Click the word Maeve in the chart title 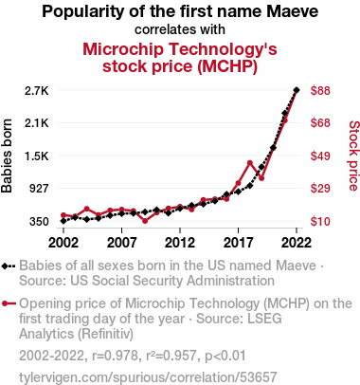click(x=292, y=11)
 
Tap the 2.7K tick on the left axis click(x=37, y=91)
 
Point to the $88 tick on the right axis click(x=320, y=91)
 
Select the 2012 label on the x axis click(x=180, y=243)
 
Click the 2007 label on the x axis click(x=121, y=243)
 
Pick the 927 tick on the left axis click(x=39, y=189)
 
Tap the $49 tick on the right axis click(x=320, y=156)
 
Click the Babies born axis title click(x=7, y=156)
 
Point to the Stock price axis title click(x=353, y=156)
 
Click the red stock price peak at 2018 click(x=250, y=163)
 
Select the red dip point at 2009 click(x=145, y=221)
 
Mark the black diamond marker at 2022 click(x=297, y=90)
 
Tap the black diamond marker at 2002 click(x=63, y=221)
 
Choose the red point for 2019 click(x=261, y=178)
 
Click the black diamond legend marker click(x=9, y=266)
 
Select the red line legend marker click(x=9, y=303)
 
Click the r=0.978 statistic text click(x=115, y=356)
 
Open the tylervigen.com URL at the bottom click(x=148, y=377)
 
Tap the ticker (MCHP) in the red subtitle click(x=227, y=66)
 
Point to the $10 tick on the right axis click(x=320, y=222)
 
